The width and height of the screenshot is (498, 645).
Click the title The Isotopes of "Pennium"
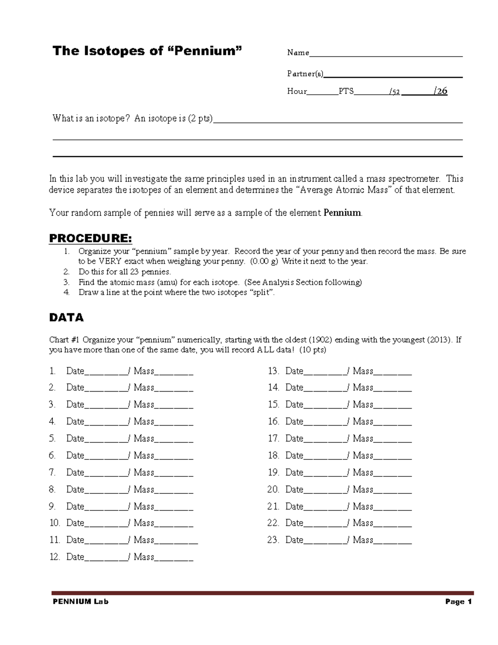(147, 51)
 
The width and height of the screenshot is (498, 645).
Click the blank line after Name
(386, 53)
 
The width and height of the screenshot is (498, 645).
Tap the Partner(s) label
(305, 74)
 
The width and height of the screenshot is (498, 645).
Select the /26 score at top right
(440, 91)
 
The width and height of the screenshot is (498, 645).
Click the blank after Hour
(322, 92)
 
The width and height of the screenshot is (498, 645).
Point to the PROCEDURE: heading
(90, 238)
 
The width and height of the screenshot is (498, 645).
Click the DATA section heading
(66, 318)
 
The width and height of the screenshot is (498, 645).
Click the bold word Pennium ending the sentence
(342, 213)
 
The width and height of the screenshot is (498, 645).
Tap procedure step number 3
(66, 282)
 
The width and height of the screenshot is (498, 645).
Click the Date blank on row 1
(106, 372)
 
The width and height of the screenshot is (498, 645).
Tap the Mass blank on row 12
(173, 558)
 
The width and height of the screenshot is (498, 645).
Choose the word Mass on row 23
(363, 540)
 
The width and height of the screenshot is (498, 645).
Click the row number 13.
(273, 371)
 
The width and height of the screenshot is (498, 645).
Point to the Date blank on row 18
(325, 456)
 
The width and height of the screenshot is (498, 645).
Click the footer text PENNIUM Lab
(81, 601)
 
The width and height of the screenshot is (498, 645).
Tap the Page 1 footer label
(458, 601)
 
